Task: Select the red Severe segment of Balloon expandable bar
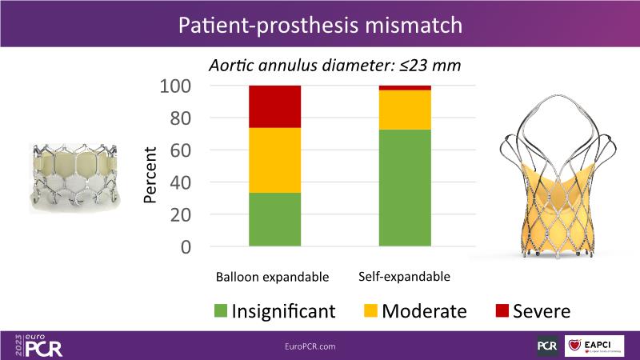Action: point(274,106)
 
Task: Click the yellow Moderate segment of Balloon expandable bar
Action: point(274,160)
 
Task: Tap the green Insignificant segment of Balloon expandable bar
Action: point(274,219)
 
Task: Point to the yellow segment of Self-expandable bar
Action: point(405,110)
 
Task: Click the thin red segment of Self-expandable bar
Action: point(405,87)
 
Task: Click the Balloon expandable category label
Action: point(272,278)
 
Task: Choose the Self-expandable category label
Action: point(405,277)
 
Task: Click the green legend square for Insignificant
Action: point(221,310)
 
